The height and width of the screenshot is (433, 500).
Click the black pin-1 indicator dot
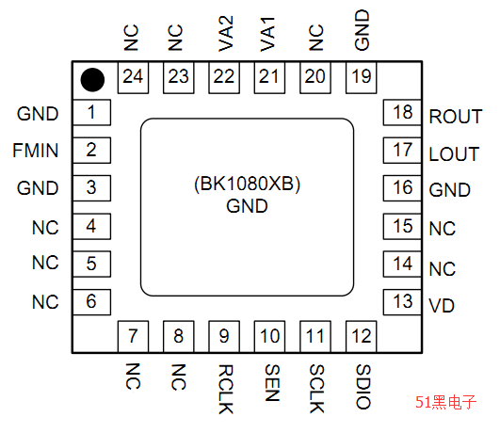pos(91,78)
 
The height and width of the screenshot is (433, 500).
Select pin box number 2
pos(91,150)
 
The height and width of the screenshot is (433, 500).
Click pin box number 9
pos(224,335)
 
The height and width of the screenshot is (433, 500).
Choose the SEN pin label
pos(270,378)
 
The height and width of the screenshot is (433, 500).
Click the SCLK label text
pos(316,385)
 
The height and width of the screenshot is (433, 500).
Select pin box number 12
pos(362,335)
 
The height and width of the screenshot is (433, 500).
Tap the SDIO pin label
pos(363,384)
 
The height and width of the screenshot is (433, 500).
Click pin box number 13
pos(403,301)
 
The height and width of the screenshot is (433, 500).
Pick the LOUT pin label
pos(454,153)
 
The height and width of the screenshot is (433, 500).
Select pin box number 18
pos(403,113)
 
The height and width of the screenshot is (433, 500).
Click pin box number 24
pos(133,78)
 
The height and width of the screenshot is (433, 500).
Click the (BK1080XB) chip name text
pos(248,184)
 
